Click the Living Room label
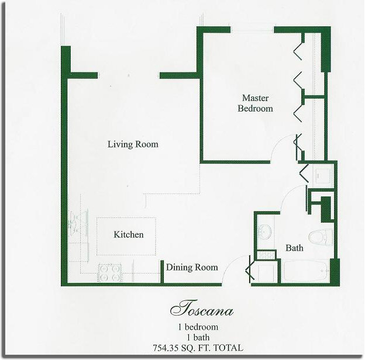(133, 144)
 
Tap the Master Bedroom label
(256, 103)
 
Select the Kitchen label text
(129, 234)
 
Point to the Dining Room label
(192, 268)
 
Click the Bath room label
(294, 248)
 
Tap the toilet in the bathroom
(321, 237)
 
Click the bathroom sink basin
(266, 231)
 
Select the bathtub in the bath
(307, 271)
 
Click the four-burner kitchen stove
(110, 273)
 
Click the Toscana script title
(202, 309)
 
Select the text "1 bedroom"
(198, 327)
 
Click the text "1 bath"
(198, 337)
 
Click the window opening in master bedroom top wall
(252, 30)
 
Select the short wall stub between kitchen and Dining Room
(162, 271)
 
